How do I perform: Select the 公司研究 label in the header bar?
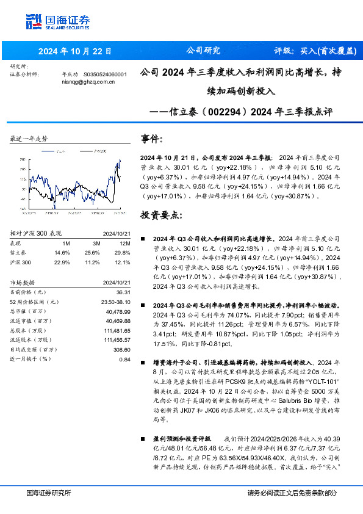point(203,51)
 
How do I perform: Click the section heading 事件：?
point(152,138)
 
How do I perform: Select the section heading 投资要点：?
point(160,215)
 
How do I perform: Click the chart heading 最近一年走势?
point(29,139)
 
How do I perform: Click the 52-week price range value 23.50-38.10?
point(115,302)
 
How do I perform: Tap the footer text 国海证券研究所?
point(49,493)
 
